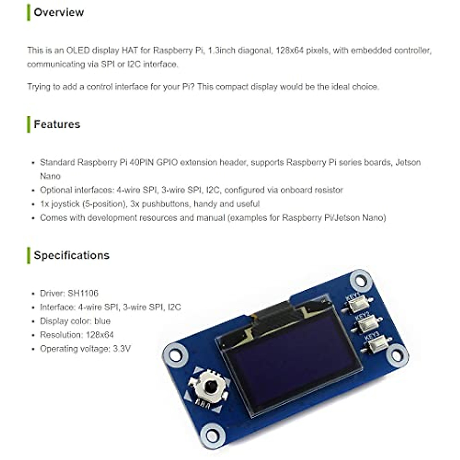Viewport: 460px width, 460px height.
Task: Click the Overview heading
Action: coord(59,12)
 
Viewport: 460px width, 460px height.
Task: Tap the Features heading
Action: coord(57,124)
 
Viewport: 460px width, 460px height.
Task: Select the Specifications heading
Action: coord(71,255)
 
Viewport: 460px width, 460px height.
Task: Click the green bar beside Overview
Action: coord(28,12)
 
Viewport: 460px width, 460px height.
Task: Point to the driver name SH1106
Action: coord(83,293)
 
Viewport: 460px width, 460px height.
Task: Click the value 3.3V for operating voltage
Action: coord(122,349)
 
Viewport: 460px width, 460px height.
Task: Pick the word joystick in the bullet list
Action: coord(64,204)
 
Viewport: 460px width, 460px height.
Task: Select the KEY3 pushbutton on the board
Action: coord(376,346)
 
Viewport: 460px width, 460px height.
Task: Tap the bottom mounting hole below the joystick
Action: coord(212,435)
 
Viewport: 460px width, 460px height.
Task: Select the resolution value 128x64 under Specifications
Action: coord(100,335)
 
